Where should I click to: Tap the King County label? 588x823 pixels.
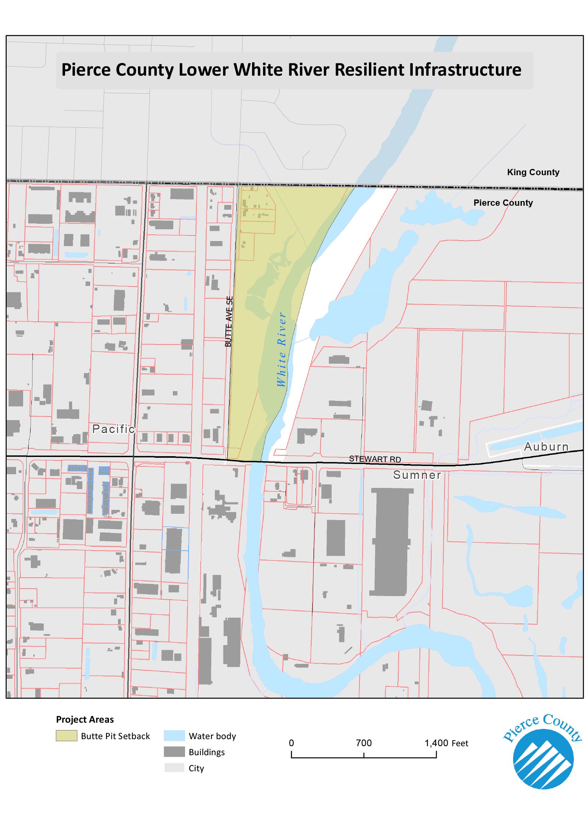(x=533, y=172)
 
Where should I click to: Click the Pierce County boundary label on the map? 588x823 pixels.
(x=503, y=203)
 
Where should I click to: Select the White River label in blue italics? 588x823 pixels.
(x=281, y=350)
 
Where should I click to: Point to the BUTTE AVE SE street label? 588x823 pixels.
(x=229, y=321)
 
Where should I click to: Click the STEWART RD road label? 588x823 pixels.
(x=375, y=459)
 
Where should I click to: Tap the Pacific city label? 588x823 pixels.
(x=113, y=429)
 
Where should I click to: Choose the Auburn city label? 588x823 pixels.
(x=546, y=446)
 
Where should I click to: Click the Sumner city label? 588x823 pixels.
(x=417, y=475)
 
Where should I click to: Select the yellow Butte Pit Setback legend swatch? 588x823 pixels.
(x=66, y=736)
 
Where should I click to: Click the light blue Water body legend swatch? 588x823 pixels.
(x=174, y=736)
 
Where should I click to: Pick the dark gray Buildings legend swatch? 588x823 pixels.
(x=174, y=752)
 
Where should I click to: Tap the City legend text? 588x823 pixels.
(x=196, y=768)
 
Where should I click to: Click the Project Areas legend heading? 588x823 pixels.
(x=85, y=720)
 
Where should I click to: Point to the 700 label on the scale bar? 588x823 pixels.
(x=364, y=743)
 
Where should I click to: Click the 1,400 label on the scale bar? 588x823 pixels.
(x=436, y=743)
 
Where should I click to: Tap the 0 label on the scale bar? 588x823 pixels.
(x=291, y=743)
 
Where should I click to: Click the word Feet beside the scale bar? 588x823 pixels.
(x=460, y=743)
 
